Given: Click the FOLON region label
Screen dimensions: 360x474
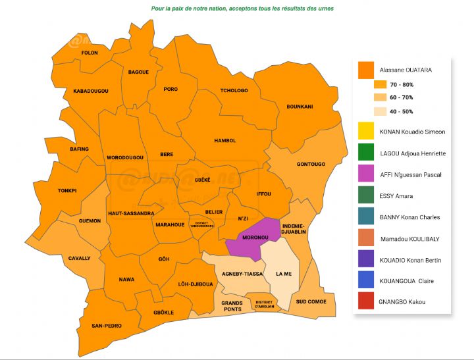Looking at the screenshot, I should tap(89, 53).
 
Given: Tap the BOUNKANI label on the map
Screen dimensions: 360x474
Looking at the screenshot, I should tap(300, 106).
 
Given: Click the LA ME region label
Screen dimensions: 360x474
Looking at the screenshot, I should tap(284, 273).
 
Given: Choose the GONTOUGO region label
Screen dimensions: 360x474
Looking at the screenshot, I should tap(311, 164).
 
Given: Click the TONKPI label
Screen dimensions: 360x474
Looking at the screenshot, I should tap(66, 191).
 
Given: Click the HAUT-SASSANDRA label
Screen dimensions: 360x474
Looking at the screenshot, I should tap(132, 213).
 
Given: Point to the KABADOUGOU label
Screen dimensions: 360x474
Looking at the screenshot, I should tap(91, 90).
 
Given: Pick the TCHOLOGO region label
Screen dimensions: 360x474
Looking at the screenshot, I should tap(234, 90).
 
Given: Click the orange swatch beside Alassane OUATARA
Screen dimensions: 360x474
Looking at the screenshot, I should tap(366, 69).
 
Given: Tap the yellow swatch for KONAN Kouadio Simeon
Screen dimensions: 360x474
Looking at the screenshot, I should tap(366, 132).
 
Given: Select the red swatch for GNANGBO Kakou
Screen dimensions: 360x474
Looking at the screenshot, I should tap(366, 302).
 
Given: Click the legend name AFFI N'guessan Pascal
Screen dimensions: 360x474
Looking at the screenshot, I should tap(411, 174).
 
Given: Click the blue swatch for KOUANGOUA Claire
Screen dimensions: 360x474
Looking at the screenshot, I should tap(366, 281).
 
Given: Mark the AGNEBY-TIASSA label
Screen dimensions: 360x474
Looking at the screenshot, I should tap(242, 273).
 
